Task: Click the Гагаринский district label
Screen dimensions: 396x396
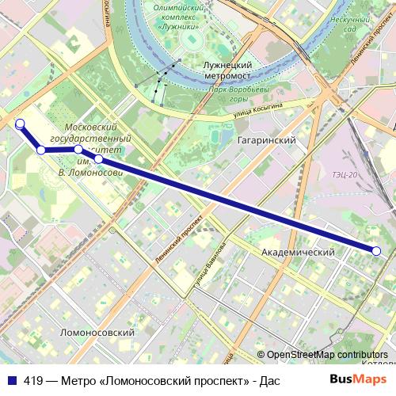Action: pyautogui.click(x=266, y=140)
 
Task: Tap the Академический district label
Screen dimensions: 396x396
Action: pyautogui.click(x=298, y=252)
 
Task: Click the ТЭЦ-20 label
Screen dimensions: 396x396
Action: pyautogui.click(x=345, y=174)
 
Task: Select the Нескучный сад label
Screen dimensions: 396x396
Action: pyautogui.click(x=350, y=23)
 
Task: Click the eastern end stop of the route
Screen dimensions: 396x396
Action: pyautogui.click(x=376, y=251)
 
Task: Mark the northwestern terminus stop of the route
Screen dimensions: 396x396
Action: pyautogui.click(x=20, y=124)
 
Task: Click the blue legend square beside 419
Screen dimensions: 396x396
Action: pyautogui.click(x=11, y=379)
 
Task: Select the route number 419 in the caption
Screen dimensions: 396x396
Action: pyautogui.click(x=34, y=379)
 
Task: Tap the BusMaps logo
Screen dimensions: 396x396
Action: pyautogui.click(x=358, y=379)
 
